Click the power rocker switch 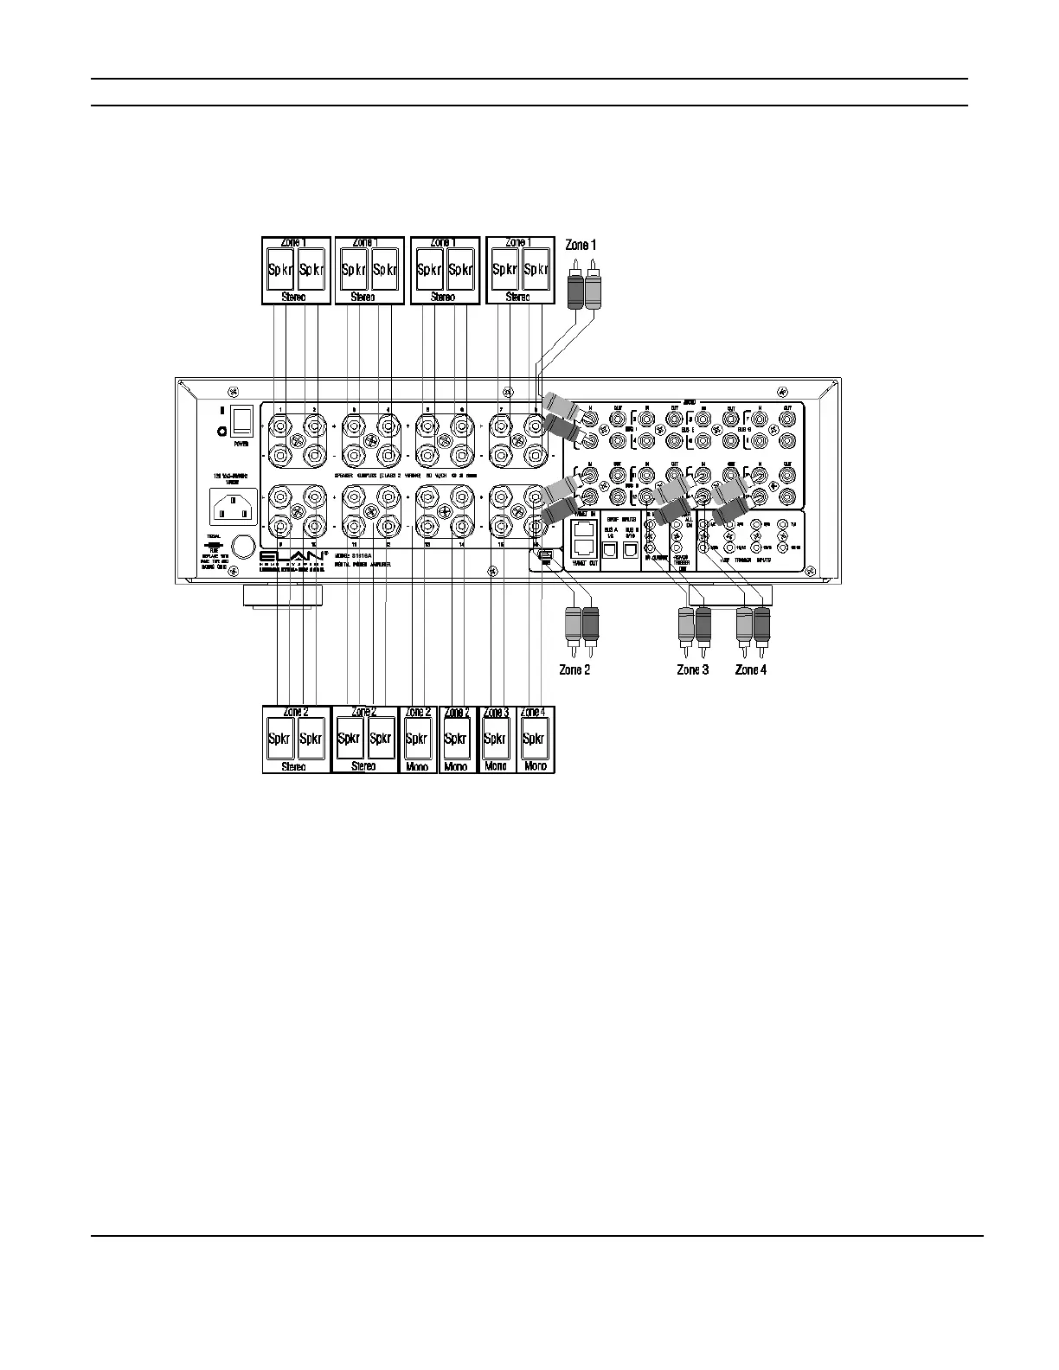241,421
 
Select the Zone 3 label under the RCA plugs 693,669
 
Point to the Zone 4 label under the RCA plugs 751,669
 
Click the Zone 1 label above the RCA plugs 581,246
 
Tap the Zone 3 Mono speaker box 496,739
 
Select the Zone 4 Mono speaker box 535,739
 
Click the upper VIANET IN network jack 584,528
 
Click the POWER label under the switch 241,444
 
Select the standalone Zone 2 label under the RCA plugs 574,669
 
